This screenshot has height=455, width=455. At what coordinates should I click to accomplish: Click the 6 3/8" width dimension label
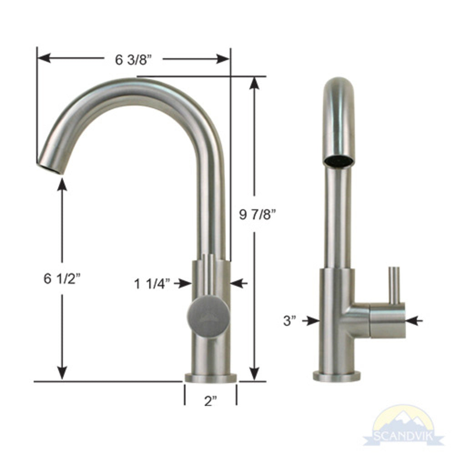133,59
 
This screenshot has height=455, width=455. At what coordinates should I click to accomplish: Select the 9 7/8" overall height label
258,215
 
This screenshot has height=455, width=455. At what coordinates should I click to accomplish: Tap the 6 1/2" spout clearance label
62,279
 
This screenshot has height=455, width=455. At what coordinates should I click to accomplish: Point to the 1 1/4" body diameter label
152,284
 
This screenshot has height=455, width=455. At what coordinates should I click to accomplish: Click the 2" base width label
210,401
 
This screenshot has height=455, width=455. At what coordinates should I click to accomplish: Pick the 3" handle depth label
289,320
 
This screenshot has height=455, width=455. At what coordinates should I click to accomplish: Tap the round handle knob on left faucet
208,318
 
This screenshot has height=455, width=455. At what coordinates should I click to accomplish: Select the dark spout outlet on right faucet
339,161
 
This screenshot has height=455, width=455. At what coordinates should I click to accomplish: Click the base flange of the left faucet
211,377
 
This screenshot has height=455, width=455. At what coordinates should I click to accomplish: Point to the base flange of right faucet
337,376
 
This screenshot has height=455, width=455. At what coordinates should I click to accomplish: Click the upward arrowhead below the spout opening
62,184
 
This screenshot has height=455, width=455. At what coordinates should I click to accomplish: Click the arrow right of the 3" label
312,321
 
